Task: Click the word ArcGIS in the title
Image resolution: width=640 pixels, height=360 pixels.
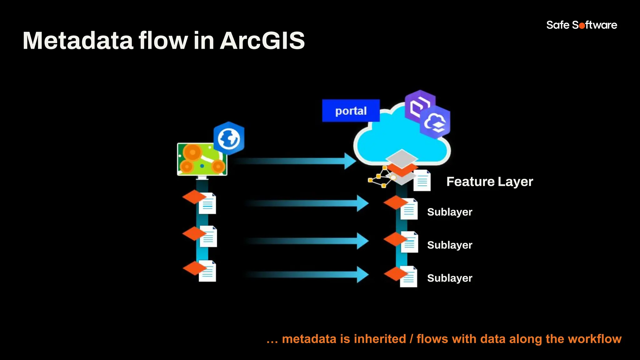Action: click(262, 41)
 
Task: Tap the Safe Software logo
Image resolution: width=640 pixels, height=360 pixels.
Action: click(582, 25)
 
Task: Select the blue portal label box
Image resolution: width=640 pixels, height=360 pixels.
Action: click(351, 111)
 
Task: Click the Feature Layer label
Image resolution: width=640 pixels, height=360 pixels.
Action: click(489, 182)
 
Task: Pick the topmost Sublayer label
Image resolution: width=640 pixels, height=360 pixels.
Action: click(449, 212)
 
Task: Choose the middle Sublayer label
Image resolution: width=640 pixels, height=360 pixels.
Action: click(449, 245)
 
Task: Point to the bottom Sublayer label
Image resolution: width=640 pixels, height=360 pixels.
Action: click(449, 278)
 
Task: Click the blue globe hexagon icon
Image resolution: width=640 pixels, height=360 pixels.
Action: click(229, 138)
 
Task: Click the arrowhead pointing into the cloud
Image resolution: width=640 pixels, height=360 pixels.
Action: click(350, 161)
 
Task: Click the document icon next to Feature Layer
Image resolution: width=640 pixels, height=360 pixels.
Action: click(422, 181)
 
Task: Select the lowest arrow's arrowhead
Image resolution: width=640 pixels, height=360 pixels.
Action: click(362, 274)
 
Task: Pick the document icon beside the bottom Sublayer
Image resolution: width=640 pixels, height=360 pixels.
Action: click(409, 277)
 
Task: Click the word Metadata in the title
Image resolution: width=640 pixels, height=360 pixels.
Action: click(78, 41)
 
